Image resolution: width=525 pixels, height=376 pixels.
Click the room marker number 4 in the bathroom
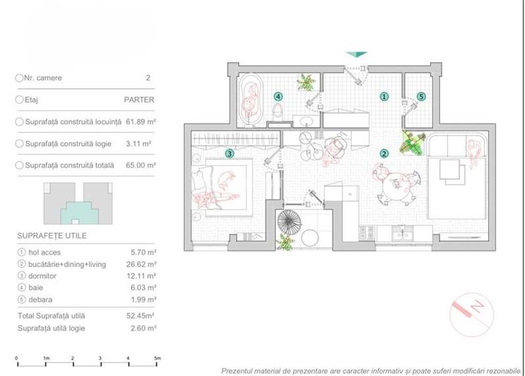point(278,96)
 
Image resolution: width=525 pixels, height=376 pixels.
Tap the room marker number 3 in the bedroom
point(229,153)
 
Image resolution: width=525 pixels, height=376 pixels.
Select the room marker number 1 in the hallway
point(384,96)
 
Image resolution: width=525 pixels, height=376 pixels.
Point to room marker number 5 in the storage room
point(421,96)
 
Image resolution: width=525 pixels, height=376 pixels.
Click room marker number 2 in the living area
point(384,153)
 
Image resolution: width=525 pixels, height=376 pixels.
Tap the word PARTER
point(139,100)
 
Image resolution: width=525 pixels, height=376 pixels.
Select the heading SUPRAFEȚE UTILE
point(52,236)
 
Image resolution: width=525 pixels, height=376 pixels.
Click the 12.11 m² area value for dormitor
point(141,275)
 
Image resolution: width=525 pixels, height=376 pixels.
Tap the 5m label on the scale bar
point(157,358)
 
